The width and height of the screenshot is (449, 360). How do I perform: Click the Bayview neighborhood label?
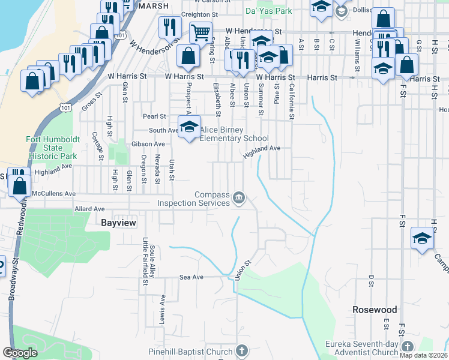(x=119, y=223)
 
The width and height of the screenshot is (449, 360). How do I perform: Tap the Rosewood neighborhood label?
(x=375, y=310)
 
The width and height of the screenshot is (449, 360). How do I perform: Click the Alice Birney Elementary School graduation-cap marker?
(x=190, y=127)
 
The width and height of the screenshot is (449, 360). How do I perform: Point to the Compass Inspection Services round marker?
(x=240, y=197)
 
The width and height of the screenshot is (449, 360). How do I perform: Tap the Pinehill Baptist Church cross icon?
(x=241, y=350)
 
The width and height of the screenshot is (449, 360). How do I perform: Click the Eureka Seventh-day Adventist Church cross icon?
(x=407, y=347)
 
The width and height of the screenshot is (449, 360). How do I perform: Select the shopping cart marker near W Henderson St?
(x=200, y=32)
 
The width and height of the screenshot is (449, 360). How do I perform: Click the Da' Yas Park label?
(x=268, y=11)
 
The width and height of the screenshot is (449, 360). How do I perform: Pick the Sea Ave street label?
(x=192, y=277)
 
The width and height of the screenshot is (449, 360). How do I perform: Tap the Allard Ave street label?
(x=89, y=209)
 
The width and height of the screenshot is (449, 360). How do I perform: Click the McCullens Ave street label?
(x=54, y=194)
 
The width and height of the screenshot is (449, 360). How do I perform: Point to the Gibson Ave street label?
(x=148, y=144)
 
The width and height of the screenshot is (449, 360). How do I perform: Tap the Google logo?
(x=20, y=352)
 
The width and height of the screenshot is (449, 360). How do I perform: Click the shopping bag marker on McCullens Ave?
(x=19, y=186)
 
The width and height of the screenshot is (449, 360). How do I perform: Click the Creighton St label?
(x=197, y=14)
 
